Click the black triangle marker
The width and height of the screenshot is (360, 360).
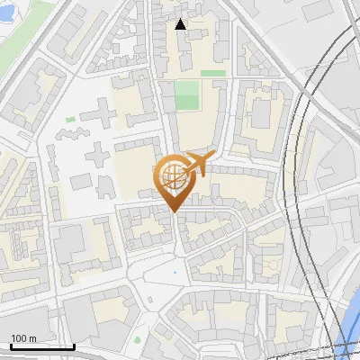coord(181,24)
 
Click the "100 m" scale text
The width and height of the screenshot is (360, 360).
coord(23,338)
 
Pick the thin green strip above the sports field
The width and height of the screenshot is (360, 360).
coord(212,73)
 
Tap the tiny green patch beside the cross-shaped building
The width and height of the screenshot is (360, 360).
coord(70,119)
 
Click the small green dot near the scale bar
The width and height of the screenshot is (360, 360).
coord(139,339)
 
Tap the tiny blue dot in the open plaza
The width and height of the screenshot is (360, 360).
coord(175,270)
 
